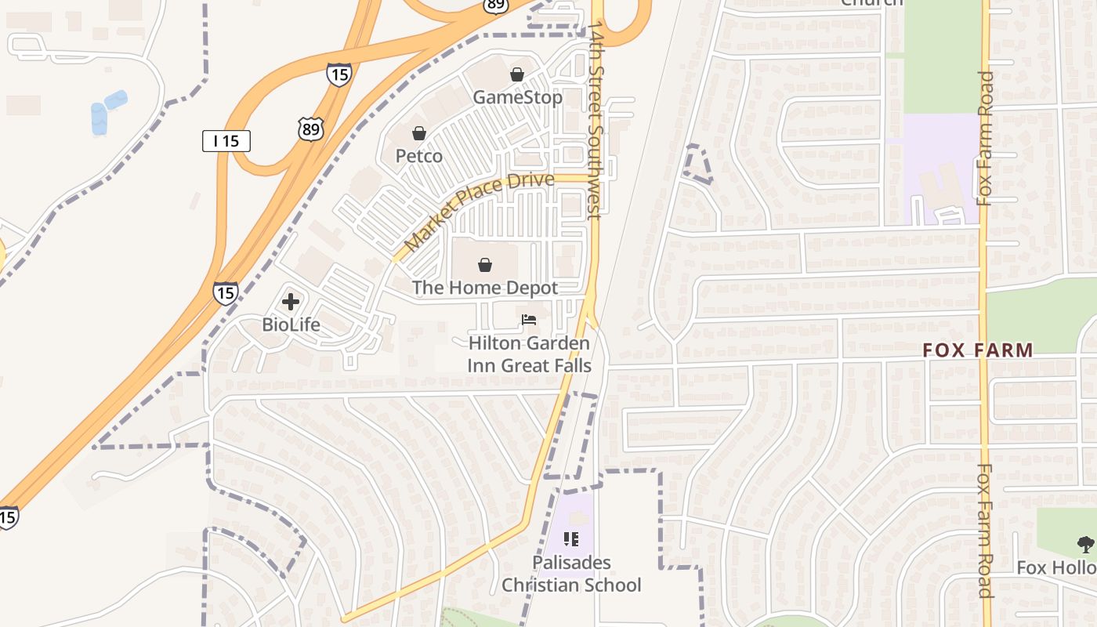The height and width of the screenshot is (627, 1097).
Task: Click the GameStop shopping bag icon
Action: pyautogui.click(x=517, y=74)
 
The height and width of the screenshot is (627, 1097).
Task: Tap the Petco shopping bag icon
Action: pyautogui.click(x=419, y=133)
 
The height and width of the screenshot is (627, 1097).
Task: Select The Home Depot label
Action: pyautogui.click(x=485, y=288)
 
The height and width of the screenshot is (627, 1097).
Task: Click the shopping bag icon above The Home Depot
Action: pyautogui.click(x=485, y=265)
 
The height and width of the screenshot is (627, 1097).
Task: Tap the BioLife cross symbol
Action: pyautogui.click(x=291, y=302)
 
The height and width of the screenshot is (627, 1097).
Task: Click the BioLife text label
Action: pyautogui.click(x=291, y=324)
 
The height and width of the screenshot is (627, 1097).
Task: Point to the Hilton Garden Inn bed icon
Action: pyautogui.click(x=529, y=320)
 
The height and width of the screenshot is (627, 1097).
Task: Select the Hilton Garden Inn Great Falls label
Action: pyautogui.click(x=529, y=354)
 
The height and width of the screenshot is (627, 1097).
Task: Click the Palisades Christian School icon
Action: pyautogui.click(x=571, y=538)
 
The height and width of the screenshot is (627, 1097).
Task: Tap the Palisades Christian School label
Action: pyautogui.click(x=571, y=574)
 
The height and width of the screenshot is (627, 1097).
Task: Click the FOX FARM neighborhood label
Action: pyautogui.click(x=978, y=350)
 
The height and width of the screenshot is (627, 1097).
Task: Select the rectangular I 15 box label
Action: pyautogui.click(x=226, y=141)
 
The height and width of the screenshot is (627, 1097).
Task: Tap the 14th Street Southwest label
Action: pyautogui.click(x=596, y=118)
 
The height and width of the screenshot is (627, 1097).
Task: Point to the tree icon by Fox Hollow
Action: pyautogui.click(x=1085, y=543)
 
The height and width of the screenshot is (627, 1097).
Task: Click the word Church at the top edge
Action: pyautogui.click(x=871, y=2)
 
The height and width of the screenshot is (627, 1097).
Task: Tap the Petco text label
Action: pyautogui.click(x=419, y=156)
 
